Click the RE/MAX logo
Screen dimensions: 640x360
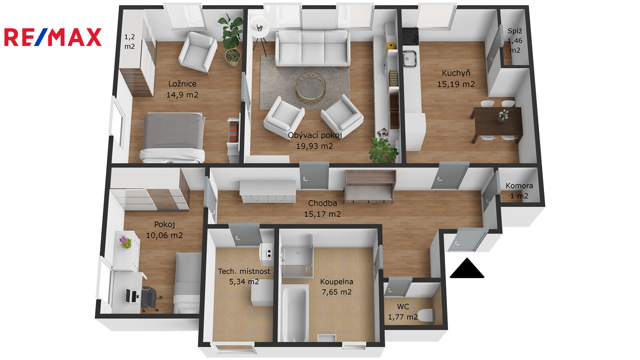[53, 37]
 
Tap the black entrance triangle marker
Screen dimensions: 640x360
[467, 268]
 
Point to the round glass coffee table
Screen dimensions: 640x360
[310, 87]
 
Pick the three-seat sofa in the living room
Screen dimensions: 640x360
[312, 48]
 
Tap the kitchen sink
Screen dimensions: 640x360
[410, 59]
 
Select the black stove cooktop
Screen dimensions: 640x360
[410, 36]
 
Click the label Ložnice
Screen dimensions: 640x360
[182, 84]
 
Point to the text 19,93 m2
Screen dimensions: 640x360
[314, 146]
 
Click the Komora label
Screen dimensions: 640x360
[519, 186]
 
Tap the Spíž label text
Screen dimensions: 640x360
[515, 31]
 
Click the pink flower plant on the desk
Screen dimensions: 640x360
[126, 242]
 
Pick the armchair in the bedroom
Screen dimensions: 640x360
[198, 52]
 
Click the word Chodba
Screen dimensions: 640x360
[322, 203]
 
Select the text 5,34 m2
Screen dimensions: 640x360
[244, 282]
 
